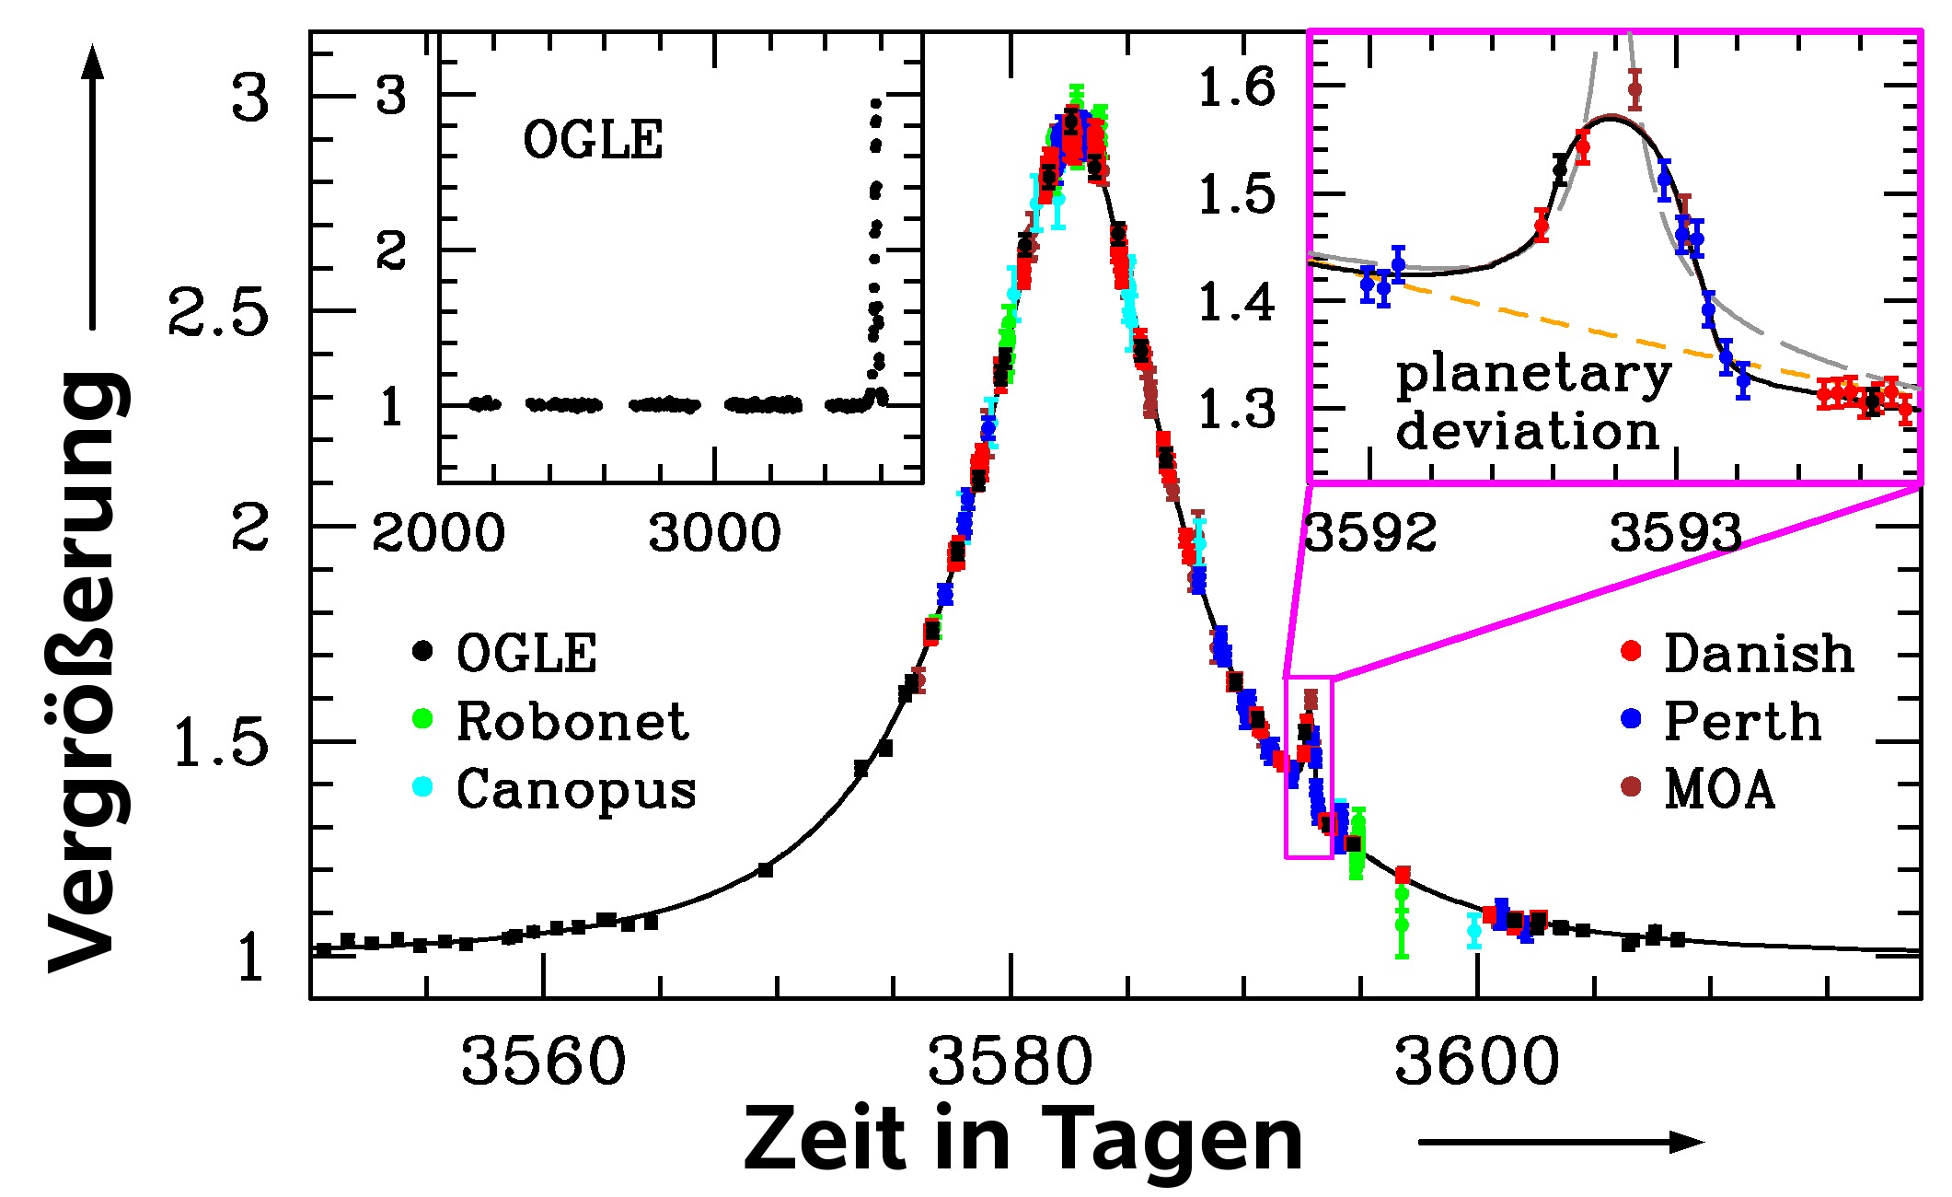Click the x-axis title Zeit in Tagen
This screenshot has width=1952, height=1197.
point(1022,1139)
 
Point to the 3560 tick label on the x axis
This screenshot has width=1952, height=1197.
point(543,1062)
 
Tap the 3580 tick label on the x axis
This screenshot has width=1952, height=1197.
point(1010,1062)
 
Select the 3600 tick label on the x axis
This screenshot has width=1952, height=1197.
point(1476,1062)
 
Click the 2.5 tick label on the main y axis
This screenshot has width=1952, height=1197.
point(218,314)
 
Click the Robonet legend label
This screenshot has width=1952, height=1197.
point(572,721)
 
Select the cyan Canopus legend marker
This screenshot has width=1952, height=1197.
point(422,787)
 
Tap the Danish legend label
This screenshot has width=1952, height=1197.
point(1759,654)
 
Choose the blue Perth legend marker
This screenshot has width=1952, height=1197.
point(1630,720)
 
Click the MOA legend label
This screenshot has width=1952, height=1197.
point(1719,789)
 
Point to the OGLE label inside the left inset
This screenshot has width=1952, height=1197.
point(593,142)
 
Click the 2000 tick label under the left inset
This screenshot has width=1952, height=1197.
point(438,534)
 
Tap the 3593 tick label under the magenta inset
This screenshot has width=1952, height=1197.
point(1675,534)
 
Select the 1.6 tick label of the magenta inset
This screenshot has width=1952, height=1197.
point(1237,89)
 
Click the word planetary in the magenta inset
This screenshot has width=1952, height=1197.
point(1533,375)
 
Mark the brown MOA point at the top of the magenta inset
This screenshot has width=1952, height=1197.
point(1634,89)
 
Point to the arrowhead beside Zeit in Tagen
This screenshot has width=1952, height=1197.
point(1688,1142)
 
